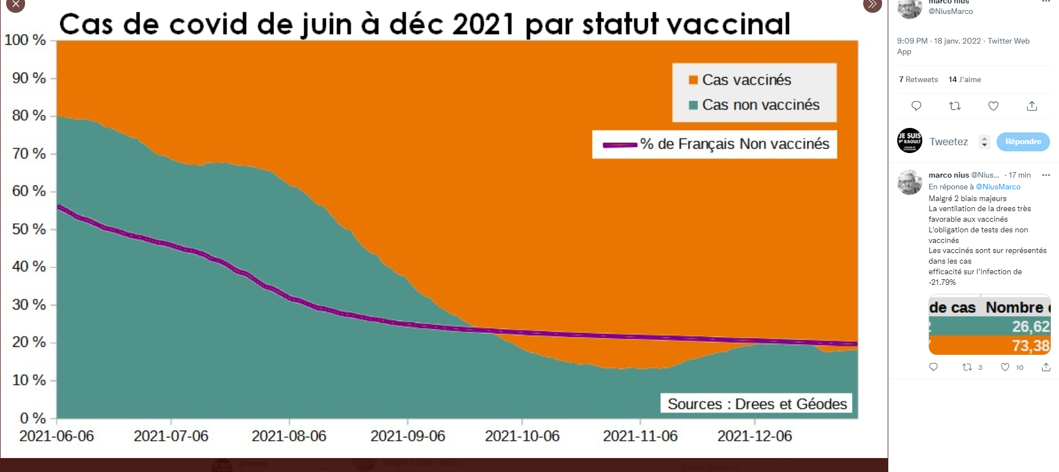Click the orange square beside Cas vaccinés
[x=694, y=80]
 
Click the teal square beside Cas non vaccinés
[x=694, y=105]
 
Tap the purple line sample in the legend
[x=620, y=145]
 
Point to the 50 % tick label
[x=29, y=229]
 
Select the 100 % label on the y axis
[x=25, y=40]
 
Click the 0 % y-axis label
[x=33, y=418]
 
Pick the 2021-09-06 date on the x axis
[x=408, y=436]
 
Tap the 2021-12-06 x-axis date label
[x=754, y=436]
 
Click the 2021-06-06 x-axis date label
[x=57, y=436]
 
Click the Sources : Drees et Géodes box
[x=757, y=403]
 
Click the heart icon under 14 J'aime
[x=993, y=106]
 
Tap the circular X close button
[x=16, y=5]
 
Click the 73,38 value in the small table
[x=1031, y=346]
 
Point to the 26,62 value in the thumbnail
[x=1031, y=326]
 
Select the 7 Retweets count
[x=918, y=79]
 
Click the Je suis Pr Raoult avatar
[x=909, y=141]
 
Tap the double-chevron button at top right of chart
[x=872, y=5]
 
